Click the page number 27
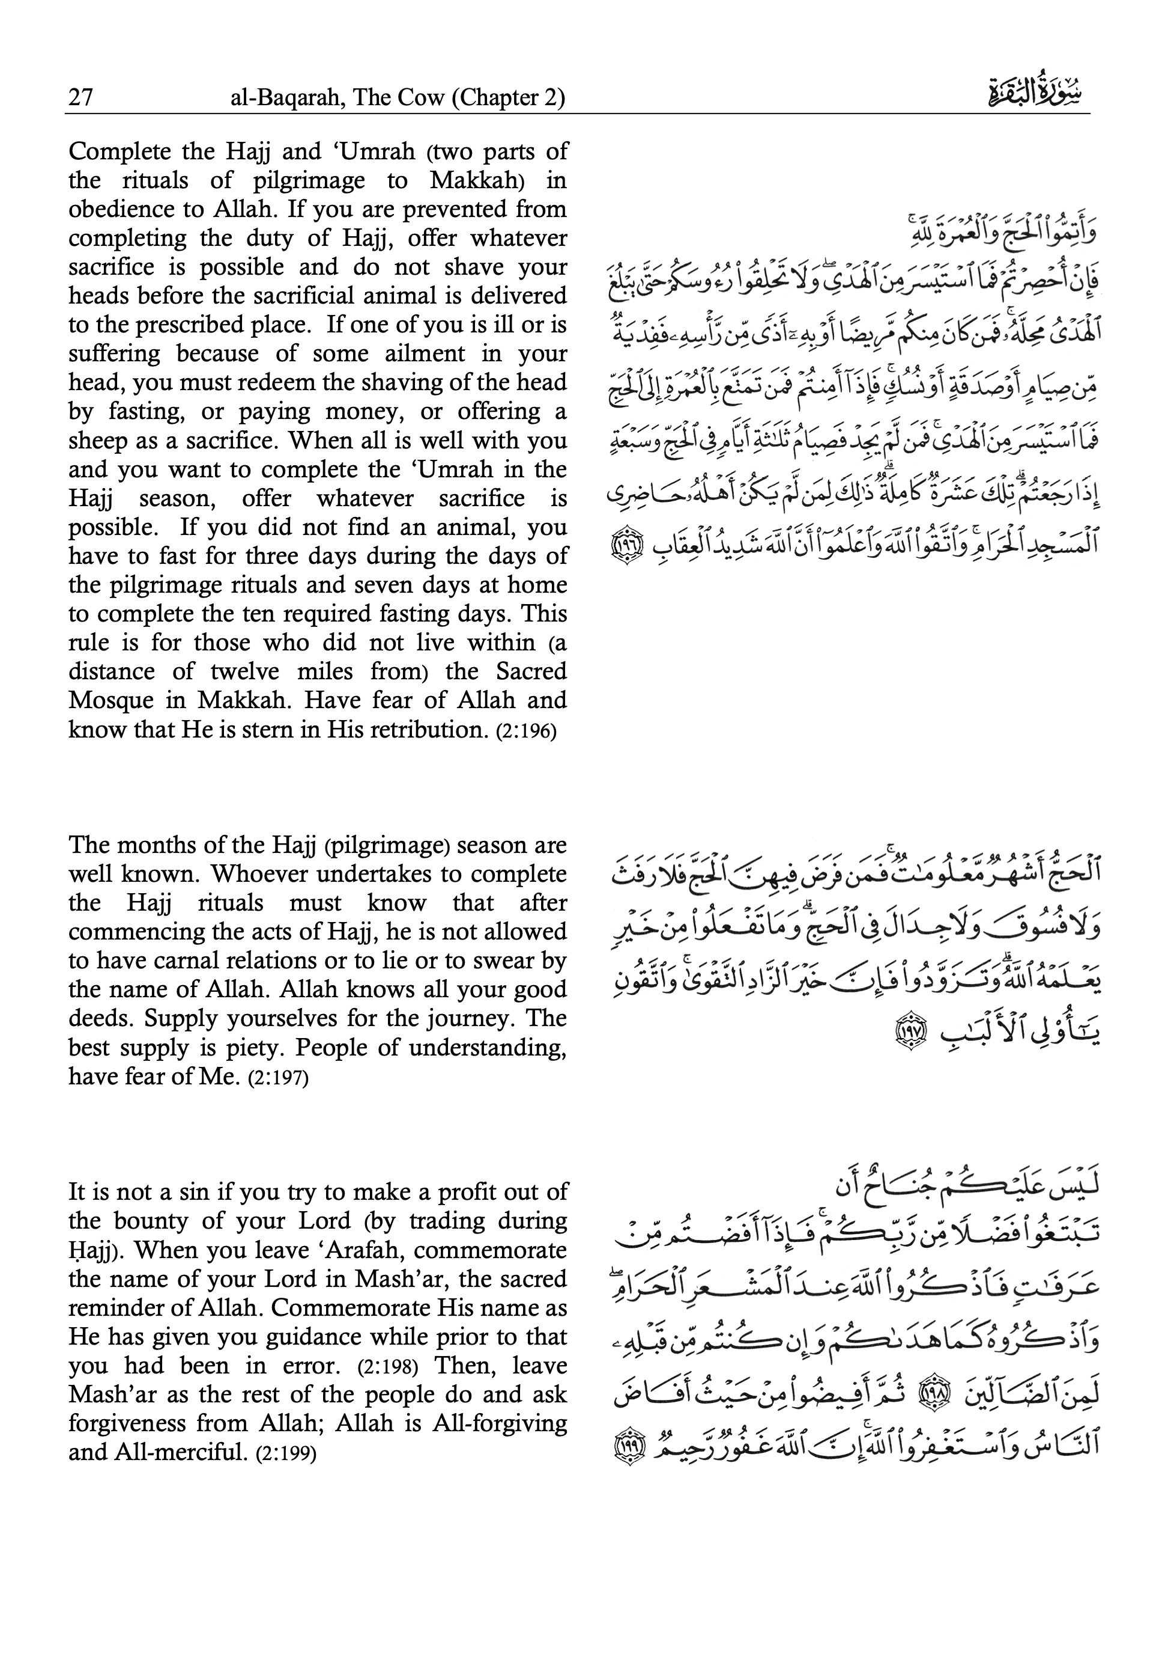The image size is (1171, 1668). pyautogui.click(x=80, y=97)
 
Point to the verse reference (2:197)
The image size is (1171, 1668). pyautogui.click(x=278, y=1077)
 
